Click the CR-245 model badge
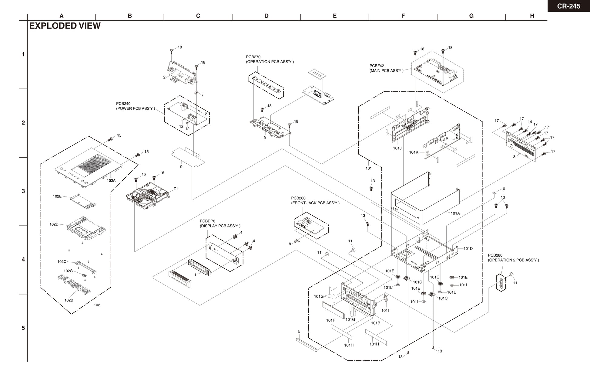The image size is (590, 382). click(x=568, y=6)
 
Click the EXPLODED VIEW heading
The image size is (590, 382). click(x=65, y=26)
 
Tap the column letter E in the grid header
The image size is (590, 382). click(x=335, y=16)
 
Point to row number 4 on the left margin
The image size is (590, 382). click(x=23, y=260)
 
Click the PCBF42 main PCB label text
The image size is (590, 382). click(x=386, y=68)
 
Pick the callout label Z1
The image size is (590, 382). click(x=176, y=189)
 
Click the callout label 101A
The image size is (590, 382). click(x=455, y=213)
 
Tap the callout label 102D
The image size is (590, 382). click(x=54, y=224)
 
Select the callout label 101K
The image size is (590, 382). click(x=414, y=152)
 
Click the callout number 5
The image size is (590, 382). click(x=299, y=332)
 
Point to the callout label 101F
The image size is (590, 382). click(x=331, y=320)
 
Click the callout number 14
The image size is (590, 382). click(x=530, y=122)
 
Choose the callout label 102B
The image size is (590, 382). click(x=69, y=300)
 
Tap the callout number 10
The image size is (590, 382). click(x=503, y=189)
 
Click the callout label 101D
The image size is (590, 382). click(x=468, y=249)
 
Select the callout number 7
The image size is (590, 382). click(x=203, y=95)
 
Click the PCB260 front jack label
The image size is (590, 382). click(x=315, y=201)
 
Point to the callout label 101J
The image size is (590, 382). click(x=397, y=148)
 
